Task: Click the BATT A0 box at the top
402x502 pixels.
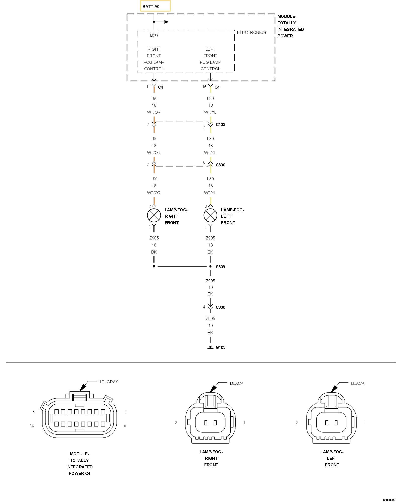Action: pos(155,6)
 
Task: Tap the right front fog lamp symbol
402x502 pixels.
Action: pos(154,216)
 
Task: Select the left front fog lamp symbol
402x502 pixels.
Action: pos(210,216)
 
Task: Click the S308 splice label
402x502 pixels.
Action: pos(220,267)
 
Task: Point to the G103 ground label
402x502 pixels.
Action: pos(221,347)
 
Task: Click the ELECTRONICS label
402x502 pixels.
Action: pos(252,32)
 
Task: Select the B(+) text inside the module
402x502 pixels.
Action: pos(154,35)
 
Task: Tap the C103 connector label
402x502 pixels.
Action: pos(221,124)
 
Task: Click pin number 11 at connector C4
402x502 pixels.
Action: pos(148,87)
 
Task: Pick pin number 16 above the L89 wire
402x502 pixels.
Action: pos(204,87)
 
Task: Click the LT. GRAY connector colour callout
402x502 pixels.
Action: pos(109,382)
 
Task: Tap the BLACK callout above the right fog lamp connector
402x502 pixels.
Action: pos(237,383)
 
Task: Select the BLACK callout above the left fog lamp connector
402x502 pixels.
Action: pos(358,383)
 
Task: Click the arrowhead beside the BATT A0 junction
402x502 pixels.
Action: pos(166,22)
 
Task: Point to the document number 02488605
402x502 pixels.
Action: pos(388,500)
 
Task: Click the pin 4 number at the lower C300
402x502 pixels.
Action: pos(204,307)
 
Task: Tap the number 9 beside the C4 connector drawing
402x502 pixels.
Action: pos(125,425)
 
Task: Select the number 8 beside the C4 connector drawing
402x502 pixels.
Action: pos(33,412)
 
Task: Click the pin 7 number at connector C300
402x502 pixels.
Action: pos(148,165)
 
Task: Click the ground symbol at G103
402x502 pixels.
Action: pos(210,348)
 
